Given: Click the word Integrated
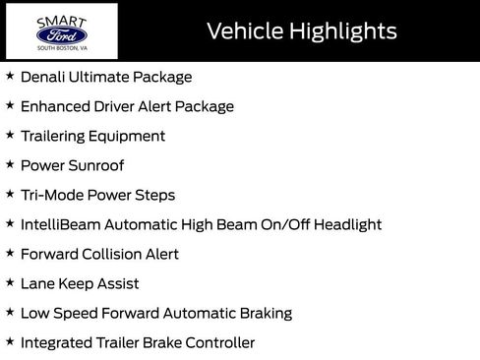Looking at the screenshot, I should tap(60, 342).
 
